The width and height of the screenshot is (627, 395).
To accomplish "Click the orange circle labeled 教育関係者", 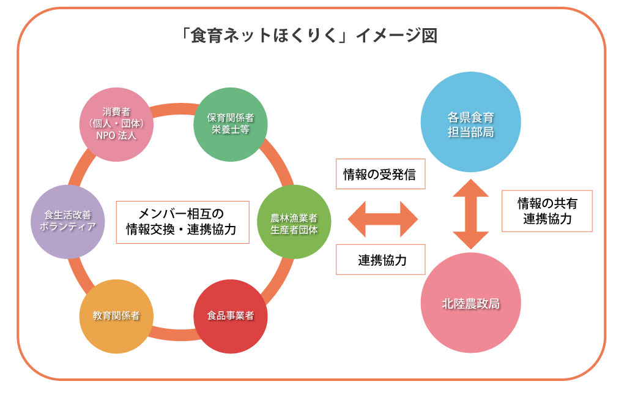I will (116, 316).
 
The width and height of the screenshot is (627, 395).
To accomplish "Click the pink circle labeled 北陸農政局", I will (470, 304).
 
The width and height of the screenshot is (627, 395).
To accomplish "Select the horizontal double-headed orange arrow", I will (382, 219).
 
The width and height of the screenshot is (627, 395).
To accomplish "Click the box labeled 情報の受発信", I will (380, 175).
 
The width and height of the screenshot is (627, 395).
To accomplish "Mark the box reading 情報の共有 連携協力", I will (547, 211).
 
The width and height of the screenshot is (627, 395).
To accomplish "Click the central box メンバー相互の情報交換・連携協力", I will (182, 221).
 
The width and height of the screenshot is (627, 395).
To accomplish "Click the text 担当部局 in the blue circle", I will (470, 132).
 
